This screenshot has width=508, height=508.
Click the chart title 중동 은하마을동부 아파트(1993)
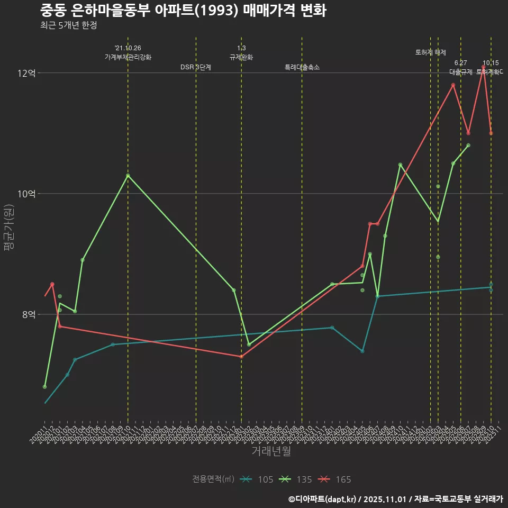[183, 11]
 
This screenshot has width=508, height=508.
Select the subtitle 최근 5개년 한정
[68, 25]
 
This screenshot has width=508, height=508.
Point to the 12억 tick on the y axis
[26, 73]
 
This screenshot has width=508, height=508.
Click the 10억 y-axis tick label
[26, 194]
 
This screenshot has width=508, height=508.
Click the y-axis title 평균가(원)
[9, 232]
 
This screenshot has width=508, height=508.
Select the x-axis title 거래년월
[271, 451]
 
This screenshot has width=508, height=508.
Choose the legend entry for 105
[258, 479]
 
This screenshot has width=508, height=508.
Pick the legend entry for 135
[297, 479]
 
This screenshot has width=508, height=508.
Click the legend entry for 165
[336, 479]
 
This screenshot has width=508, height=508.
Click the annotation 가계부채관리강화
[128, 57]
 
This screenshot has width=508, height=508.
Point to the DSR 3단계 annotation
[196, 67]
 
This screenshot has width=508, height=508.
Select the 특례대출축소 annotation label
[302, 67]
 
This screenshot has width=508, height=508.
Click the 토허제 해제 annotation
[431, 52]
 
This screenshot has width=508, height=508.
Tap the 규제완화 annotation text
[241, 57]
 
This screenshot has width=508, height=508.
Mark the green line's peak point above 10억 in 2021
[128, 175]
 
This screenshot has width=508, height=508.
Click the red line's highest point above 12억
[484, 66]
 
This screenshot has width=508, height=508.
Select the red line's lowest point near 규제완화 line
[241, 356]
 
